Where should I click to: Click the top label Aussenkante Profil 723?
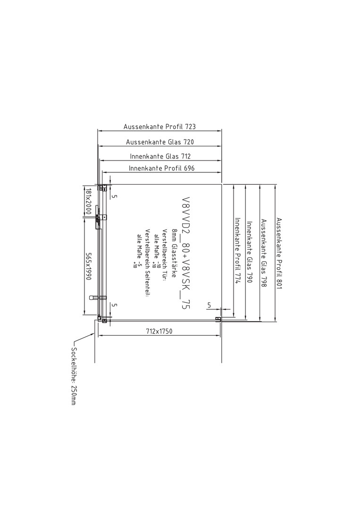[x=159, y=127]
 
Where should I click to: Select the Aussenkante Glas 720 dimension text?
[x=160, y=142]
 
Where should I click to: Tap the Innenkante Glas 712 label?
[x=160, y=156]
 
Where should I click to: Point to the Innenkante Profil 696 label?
[x=161, y=168]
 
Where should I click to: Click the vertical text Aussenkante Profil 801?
[x=279, y=254]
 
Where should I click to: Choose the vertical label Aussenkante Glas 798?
[x=263, y=253]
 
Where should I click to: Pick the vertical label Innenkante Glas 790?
[x=249, y=252]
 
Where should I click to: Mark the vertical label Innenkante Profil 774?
[x=237, y=251]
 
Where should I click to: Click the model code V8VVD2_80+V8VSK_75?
[x=186, y=253]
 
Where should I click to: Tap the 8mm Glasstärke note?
[x=174, y=253]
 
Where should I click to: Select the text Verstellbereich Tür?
[x=165, y=255]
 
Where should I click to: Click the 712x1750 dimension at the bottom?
[x=159, y=331]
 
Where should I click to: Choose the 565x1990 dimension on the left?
[x=88, y=266]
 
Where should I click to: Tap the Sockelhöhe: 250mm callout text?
[x=74, y=376]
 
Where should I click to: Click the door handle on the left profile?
[x=98, y=297]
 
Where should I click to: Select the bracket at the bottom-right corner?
[x=218, y=319]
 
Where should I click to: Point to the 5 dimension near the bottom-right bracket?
[x=209, y=305]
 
